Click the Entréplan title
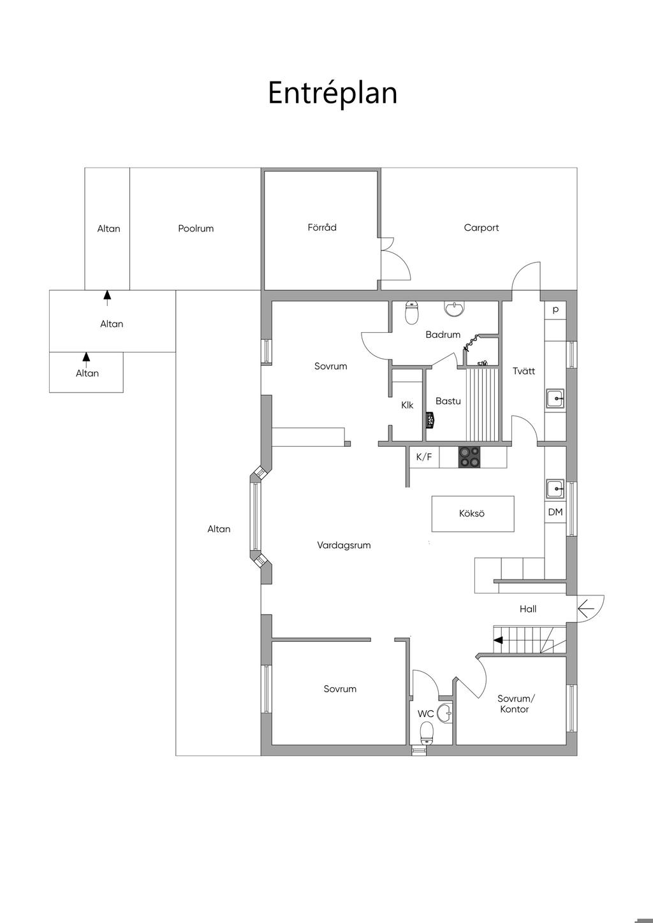pos(332,92)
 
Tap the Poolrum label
pos(196,228)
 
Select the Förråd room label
pos(322,227)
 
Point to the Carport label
pos(481,228)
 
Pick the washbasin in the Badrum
pos(455,309)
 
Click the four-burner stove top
pos(471,457)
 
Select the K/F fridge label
pos(424,457)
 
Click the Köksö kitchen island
pos(472,513)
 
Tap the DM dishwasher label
pos(555,512)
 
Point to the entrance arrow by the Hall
pos(585,609)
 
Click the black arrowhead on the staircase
pos(500,639)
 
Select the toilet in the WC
pos(427,733)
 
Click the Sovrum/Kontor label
pos(514,704)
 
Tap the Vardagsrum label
pos(344,545)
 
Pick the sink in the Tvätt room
pos(555,399)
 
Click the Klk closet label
pos(407,405)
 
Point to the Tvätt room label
pos(524,371)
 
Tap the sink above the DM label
pos(555,490)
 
